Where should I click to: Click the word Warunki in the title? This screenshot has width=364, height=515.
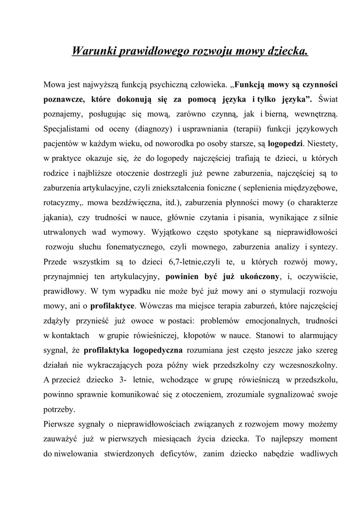coord(94,51)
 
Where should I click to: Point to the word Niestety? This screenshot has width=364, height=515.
coord(322,143)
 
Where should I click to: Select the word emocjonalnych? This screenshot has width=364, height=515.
coord(276,320)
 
